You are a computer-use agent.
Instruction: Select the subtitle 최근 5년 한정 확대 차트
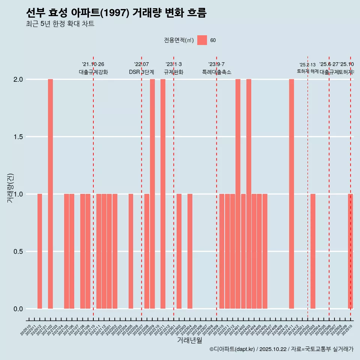coord(60,24)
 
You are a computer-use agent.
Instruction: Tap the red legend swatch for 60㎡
coord(202,40)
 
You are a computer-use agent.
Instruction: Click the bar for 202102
coord(50,194)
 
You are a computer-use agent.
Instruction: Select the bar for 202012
coord(40,251)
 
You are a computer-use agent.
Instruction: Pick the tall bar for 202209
coord(152,194)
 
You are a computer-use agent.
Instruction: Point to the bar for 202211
coord(163,194)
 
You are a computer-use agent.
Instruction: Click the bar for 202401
coord(238,194)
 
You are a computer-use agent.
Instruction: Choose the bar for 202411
coord(291,194)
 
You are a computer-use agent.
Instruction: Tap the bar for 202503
coord(313,251)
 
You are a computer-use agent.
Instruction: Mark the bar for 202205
coord(131,251)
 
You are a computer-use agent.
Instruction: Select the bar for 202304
coord(190,251)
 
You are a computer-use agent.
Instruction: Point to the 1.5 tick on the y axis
coord(18,137)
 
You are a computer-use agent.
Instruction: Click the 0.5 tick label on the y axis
coord(18,252)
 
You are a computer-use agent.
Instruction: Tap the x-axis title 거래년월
coord(189,340)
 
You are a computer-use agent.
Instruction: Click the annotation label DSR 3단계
coord(141,72)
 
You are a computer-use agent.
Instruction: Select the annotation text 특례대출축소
coord(216,72)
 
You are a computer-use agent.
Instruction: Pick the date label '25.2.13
coord(307,65)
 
